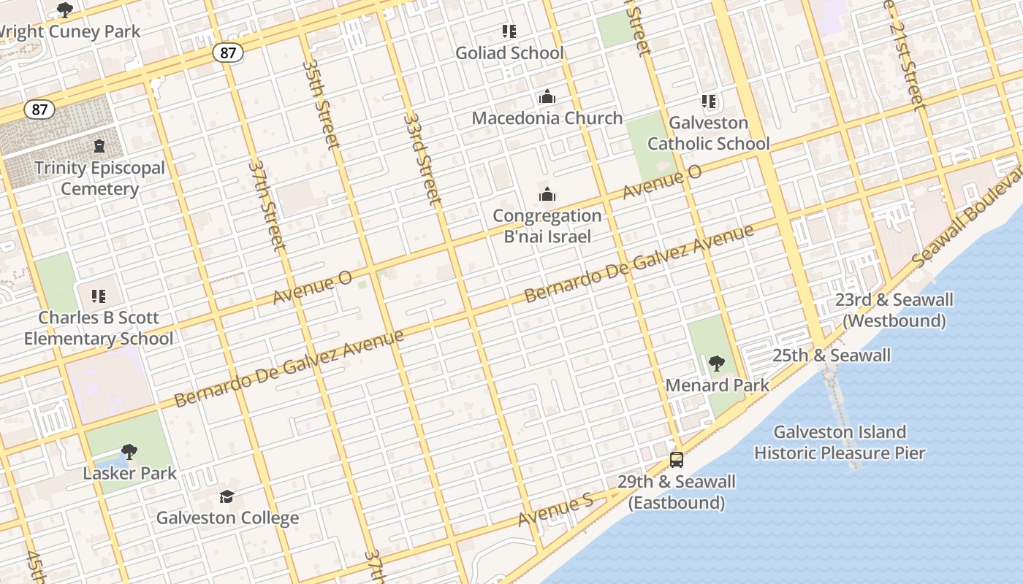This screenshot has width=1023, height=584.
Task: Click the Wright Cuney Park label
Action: coord(69,32)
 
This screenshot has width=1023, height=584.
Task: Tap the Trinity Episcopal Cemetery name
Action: coord(99,178)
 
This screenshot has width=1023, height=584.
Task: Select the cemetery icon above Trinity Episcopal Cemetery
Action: coord(99,146)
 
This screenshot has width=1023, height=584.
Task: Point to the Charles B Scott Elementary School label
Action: coord(99,328)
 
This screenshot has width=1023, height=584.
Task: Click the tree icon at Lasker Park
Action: coord(129,452)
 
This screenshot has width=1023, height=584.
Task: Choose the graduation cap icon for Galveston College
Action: coord(227,497)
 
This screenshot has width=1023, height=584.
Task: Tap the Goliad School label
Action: coord(509,53)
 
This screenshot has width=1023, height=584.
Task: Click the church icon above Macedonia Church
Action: coord(547,96)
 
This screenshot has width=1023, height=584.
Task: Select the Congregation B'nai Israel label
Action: coord(547,226)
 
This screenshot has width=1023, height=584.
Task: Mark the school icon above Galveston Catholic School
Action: coord(708,101)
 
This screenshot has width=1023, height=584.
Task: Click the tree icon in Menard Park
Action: coord(717,364)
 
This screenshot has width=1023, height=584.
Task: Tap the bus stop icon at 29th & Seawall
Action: coord(677,460)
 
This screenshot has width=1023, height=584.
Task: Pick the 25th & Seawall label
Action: coord(832,356)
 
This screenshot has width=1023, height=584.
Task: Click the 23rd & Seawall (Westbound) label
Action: coord(894,310)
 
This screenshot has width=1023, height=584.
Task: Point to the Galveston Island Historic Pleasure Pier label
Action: coord(840,442)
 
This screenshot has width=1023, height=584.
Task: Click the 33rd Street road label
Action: coord(422,158)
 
